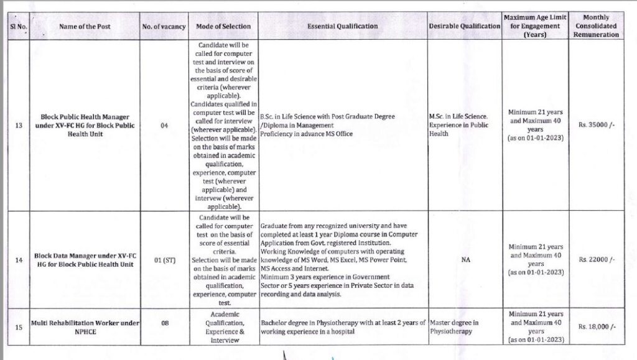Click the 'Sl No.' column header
click(18, 26)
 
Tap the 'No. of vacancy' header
click(164, 26)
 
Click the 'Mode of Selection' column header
click(223, 26)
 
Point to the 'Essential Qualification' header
click(342, 26)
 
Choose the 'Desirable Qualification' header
click(465, 26)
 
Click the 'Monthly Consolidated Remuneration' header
click(597, 26)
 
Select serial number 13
click(18, 126)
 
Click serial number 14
click(18, 260)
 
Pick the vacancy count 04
click(164, 126)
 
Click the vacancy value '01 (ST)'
click(164, 260)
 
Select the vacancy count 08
click(164, 324)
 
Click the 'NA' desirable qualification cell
click(465, 260)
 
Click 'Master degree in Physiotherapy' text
click(454, 327)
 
